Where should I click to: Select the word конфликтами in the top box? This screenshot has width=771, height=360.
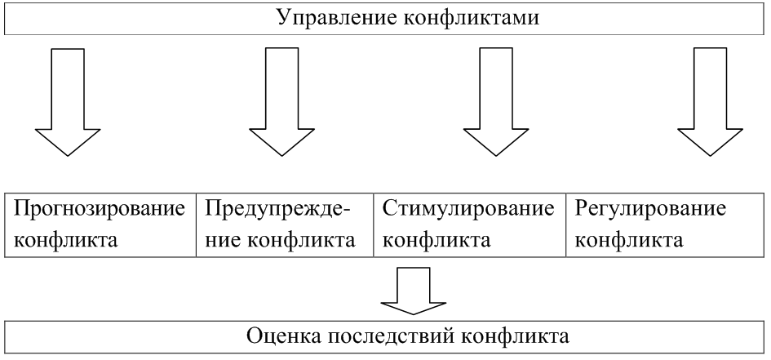[x=436, y=17]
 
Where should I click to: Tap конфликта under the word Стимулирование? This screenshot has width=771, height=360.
[x=436, y=242]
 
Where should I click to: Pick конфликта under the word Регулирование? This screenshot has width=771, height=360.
[x=629, y=242]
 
